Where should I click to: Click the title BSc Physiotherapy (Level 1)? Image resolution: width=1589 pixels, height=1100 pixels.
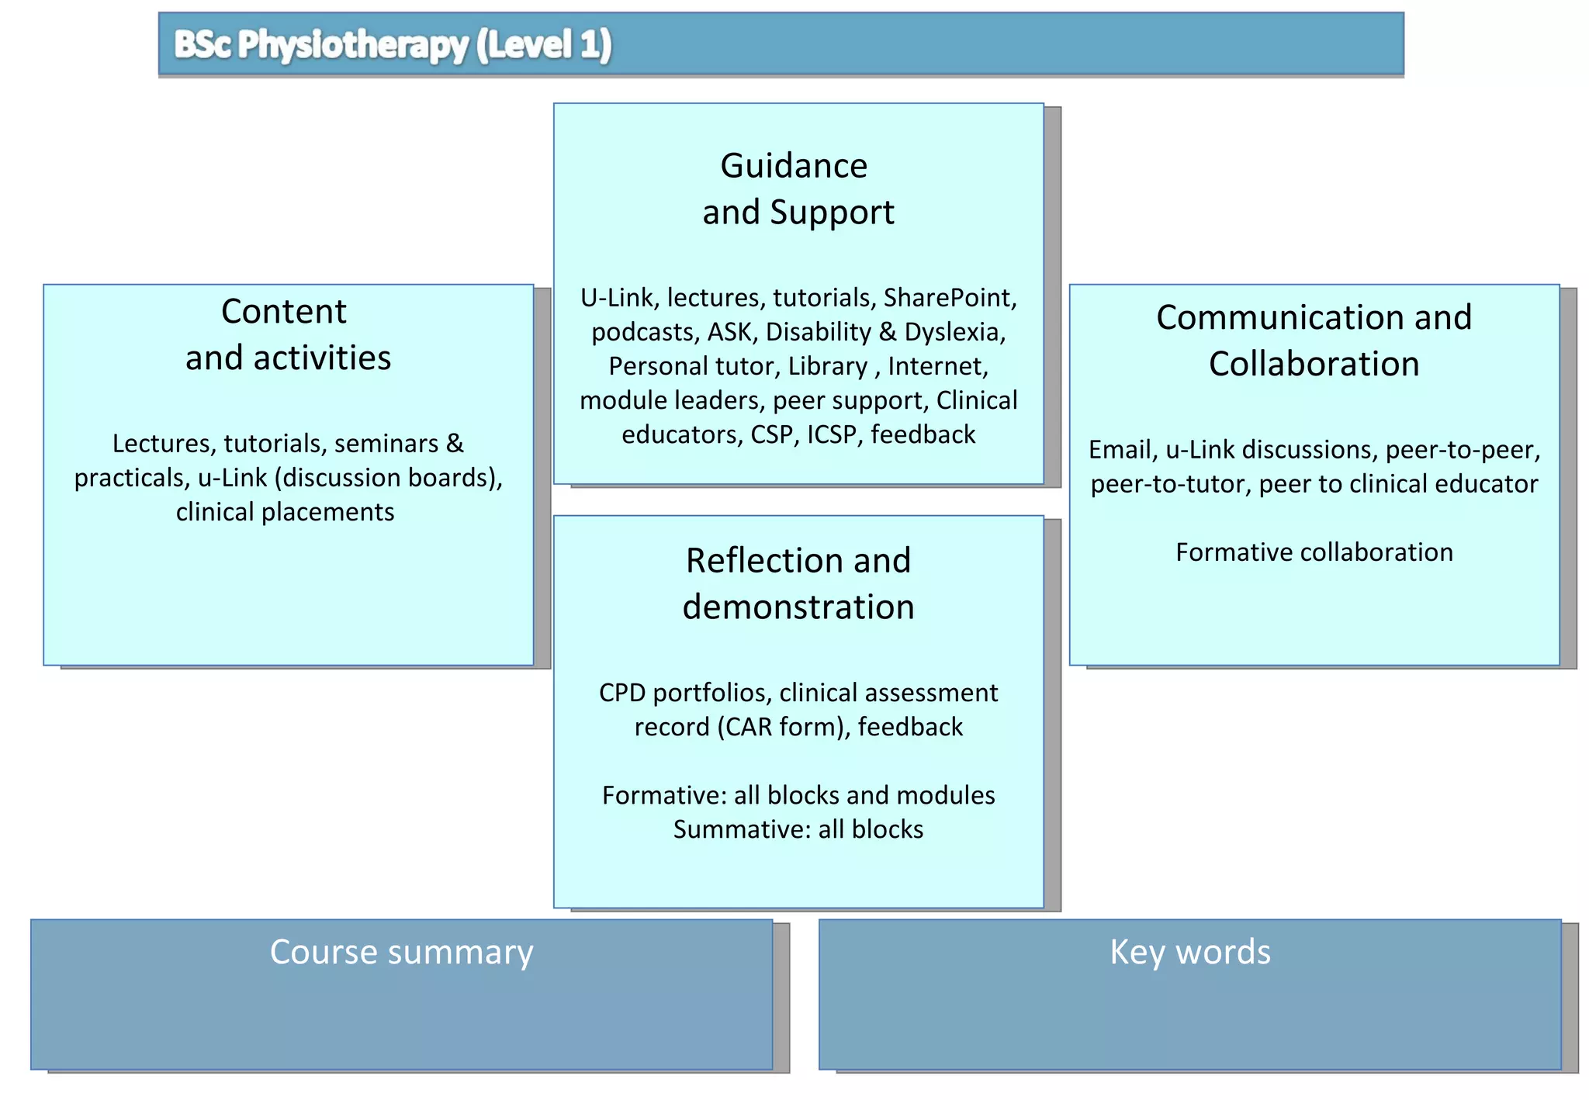click(x=393, y=44)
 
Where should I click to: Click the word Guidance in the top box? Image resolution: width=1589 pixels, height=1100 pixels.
click(x=794, y=166)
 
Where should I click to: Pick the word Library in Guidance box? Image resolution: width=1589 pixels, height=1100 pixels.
click(x=827, y=366)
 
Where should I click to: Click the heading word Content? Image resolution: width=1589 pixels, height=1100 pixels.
click(x=284, y=312)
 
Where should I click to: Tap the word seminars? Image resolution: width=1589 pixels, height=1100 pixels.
click(x=386, y=444)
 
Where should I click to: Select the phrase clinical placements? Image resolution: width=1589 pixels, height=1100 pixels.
click(x=285, y=512)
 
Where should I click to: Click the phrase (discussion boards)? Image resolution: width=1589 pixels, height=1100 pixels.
click(x=389, y=478)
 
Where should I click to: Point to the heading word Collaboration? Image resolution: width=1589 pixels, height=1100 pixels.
click(x=1314, y=364)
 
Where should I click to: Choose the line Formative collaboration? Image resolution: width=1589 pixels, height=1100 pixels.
click(x=1314, y=552)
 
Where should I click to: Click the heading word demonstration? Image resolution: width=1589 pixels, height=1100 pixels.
click(x=798, y=607)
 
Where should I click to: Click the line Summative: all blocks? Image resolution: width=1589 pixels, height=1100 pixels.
click(x=798, y=829)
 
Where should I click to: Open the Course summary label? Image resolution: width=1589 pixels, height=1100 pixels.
click(x=401, y=952)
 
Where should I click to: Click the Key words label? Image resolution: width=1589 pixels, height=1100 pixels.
click(x=1189, y=952)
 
